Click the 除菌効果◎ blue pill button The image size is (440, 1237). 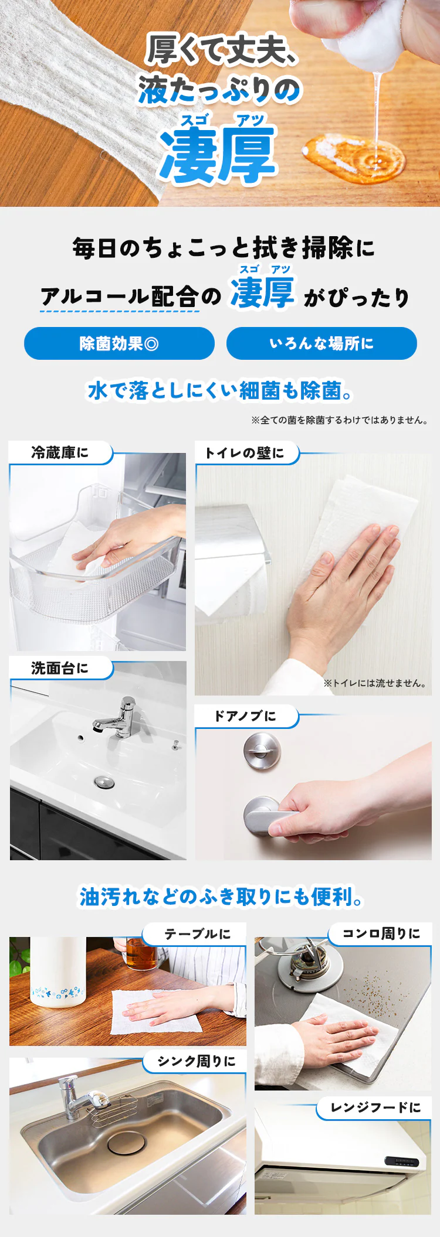(x=119, y=343)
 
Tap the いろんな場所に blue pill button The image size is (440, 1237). (x=321, y=343)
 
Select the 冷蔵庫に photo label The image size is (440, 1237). (x=60, y=453)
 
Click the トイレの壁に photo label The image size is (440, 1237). (x=245, y=453)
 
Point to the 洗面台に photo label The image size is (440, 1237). (x=60, y=668)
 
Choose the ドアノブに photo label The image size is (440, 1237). (x=245, y=716)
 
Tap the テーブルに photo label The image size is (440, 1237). (x=197, y=934)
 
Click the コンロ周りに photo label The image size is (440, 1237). (x=381, y=933)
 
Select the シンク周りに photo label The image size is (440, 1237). (x=197, y=1061)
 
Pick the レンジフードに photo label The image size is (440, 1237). (x=375, y=1107)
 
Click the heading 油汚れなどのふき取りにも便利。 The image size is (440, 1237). (x=221, y=897)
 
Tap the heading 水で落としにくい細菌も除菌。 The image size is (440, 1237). (x=220, y=391)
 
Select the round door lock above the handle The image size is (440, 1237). (x=262, y=751)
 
